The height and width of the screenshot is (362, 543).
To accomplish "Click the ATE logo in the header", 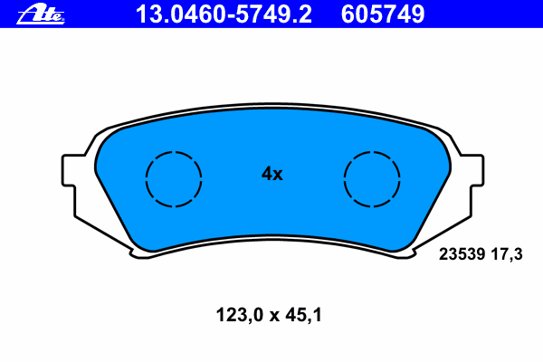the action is pyautogui.click(x=41, y=14).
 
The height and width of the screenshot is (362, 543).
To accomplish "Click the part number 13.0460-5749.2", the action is pyautogui.click(x=224, y=14).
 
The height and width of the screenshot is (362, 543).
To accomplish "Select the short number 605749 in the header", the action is pyautogui.click(x=383, y=14).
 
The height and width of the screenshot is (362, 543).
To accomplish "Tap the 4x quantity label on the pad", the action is pyautogui.click(x=271, y=174).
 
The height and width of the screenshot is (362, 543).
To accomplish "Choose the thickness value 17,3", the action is pyautogui.click(x=507, y=254).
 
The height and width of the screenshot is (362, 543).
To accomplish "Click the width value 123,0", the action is pyautogui.click(x=240, y=316).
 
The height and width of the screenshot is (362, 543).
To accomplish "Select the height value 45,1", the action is pyautogui.click(x=304, y=316).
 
